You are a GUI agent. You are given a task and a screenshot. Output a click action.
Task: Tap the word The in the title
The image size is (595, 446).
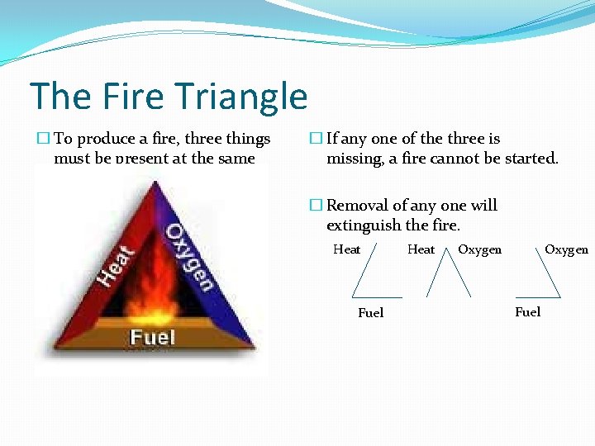point(60,97)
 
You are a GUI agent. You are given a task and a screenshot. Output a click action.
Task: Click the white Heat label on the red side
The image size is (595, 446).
point(116,264)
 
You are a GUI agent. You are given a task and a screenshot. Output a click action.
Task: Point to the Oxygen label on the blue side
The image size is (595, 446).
point(189,256)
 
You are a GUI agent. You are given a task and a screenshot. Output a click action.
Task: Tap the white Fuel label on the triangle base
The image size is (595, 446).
point(153,337)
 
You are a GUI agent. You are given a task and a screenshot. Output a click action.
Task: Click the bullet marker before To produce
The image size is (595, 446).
point(44,139)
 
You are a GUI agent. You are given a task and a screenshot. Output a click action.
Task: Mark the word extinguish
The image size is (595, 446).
point(363,225)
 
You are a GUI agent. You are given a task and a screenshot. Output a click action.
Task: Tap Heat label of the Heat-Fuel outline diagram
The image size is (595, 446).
point(346,249)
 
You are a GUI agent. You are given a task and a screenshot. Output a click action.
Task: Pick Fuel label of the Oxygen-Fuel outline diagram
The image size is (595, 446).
point(527,311)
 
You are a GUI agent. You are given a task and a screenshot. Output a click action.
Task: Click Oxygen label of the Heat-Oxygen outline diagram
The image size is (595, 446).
point(479,249)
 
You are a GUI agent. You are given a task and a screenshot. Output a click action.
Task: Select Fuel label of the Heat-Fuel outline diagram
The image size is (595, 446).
point(370,313)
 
